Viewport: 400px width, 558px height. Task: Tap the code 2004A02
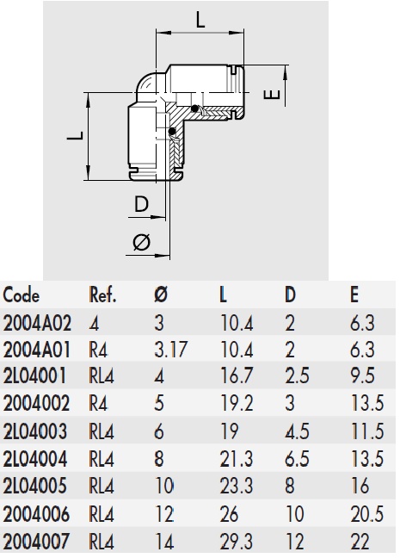[37, 323]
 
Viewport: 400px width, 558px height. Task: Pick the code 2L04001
[35, 377]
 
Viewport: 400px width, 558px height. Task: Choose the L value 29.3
[235, 542]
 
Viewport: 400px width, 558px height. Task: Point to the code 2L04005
[36, 487]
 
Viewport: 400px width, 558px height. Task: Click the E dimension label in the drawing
[274, 92]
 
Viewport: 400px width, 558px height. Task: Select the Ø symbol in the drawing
[143, 242]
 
